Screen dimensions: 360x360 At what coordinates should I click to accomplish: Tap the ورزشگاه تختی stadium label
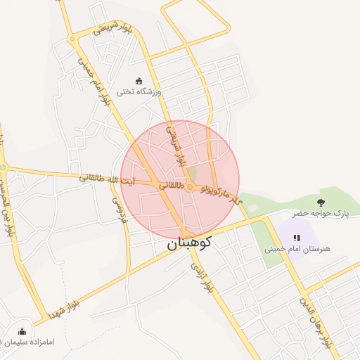click(139, 91)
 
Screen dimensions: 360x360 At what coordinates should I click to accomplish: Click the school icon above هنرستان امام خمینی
click(296, 238)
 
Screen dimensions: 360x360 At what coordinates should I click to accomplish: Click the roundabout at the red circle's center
click(190, 186)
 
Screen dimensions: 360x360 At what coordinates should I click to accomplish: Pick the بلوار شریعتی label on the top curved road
click(112, 29)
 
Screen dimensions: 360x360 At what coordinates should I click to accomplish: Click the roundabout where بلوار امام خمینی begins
click(72, 39)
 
